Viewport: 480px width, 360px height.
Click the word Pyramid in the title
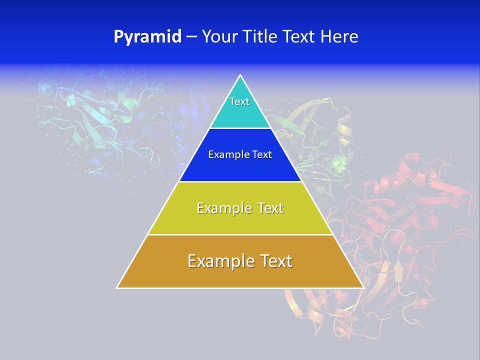[x=147, y=37]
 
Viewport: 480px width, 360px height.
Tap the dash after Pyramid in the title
[x=191, y=37]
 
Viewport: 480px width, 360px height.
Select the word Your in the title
[x=218, y=37]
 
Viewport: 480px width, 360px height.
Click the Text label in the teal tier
[x=239, y=101]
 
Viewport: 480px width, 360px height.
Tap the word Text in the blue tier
[x=262, y=155]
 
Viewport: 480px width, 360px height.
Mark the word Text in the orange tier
[x=275, y=261]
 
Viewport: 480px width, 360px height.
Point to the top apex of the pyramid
[x=240, y=75]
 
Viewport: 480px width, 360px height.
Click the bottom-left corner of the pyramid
[x=117, y=287]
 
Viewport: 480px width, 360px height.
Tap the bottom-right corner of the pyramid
[x=363, y=287]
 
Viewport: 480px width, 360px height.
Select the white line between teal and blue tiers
[x=240, y=128]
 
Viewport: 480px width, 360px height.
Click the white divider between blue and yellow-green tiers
[x=240, y=181]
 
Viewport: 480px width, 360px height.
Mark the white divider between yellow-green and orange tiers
[x=240, y=234]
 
